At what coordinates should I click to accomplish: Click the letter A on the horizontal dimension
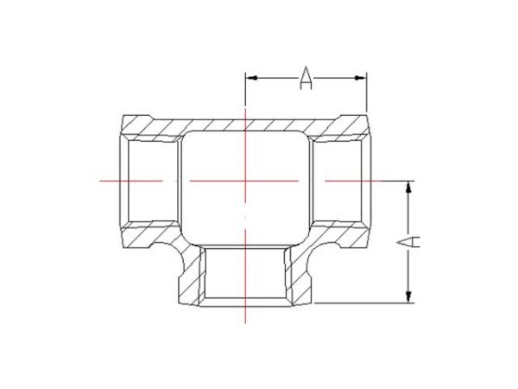[x=306, y=79]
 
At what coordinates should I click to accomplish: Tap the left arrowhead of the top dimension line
[x=251, y=79]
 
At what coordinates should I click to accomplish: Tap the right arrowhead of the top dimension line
[x=363, y=79]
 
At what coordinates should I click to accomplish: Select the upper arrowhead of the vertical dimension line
[x=407, y=186]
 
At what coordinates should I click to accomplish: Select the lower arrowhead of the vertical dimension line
[x=407, y=298]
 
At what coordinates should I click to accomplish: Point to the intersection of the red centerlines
[x=246, y=181]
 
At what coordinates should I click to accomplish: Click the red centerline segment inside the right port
[x=345, y=181]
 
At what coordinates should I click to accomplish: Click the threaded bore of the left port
[x=151, y=181]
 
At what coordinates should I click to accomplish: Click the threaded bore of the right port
[x=341, y=181]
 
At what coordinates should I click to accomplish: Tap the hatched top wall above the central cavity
[x=246, y=123]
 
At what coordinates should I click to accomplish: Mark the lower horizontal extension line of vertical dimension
[x=363, y=303]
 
